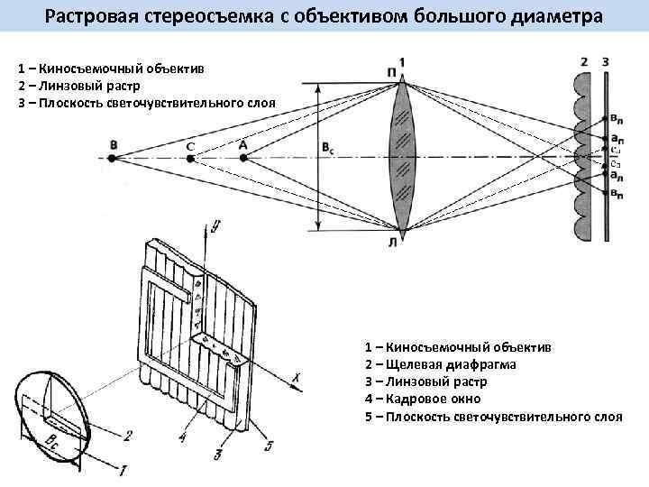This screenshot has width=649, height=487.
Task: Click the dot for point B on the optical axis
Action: point(112,158)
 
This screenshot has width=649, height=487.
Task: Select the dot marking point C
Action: point(190,158)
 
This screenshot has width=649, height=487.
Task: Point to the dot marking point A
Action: point(243,158)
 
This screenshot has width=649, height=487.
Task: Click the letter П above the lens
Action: point(389,71)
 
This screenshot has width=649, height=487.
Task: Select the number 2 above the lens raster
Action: point(585,60)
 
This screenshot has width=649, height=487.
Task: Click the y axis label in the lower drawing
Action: point(217,225)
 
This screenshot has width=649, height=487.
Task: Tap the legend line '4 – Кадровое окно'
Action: point(423,399)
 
